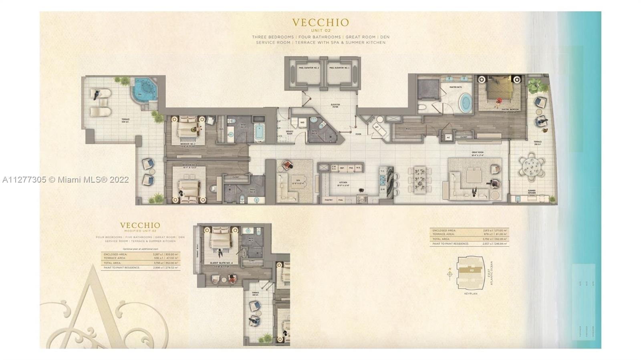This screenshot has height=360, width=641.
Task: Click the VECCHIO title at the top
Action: [x=320, y=22]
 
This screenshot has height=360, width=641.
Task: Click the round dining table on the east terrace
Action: [x=531, y=167]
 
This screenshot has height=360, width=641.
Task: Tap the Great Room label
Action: [x=478, y=153]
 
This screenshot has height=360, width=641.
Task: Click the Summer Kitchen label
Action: [x=532, y=192]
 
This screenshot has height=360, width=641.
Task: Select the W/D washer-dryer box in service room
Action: [x=302, y=123]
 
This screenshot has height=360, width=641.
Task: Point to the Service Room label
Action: [x=289, y=133]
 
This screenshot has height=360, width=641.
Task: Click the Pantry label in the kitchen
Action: [x=329, y=199]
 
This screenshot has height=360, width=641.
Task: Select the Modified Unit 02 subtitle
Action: [x=140, y=231]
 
